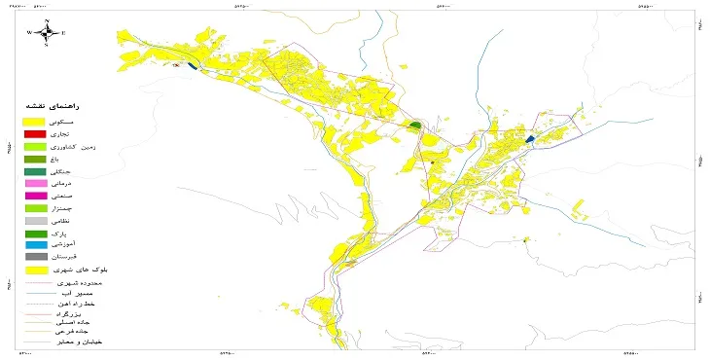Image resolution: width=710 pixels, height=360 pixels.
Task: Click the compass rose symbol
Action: coord(47,32)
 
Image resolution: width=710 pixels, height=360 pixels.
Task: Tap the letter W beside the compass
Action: coord(30,33)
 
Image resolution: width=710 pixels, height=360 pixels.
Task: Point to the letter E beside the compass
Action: coord(63,33)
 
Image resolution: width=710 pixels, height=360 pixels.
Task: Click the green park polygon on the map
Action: coord(415,126)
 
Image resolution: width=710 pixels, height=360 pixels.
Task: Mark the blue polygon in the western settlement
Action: coord(194,66)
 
